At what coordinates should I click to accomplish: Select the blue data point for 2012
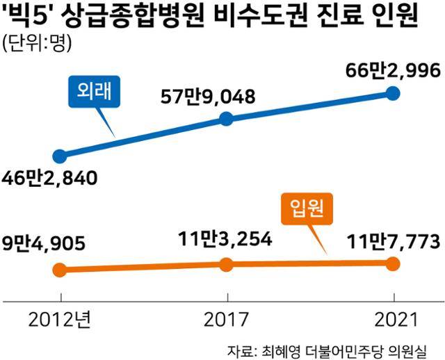pyautogui.click(x=60, y=156)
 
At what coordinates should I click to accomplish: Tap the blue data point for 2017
pyautogui.click(x=226, y=119)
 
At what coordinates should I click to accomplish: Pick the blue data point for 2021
pyautogui.click(x=393, y=93)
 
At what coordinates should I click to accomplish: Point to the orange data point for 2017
pyautogui.click(x=226, y=264)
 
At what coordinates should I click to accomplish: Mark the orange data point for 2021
pyautogui.click(x=393, y=263)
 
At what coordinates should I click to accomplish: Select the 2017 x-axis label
pyautogui.click(x=226, y=320)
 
